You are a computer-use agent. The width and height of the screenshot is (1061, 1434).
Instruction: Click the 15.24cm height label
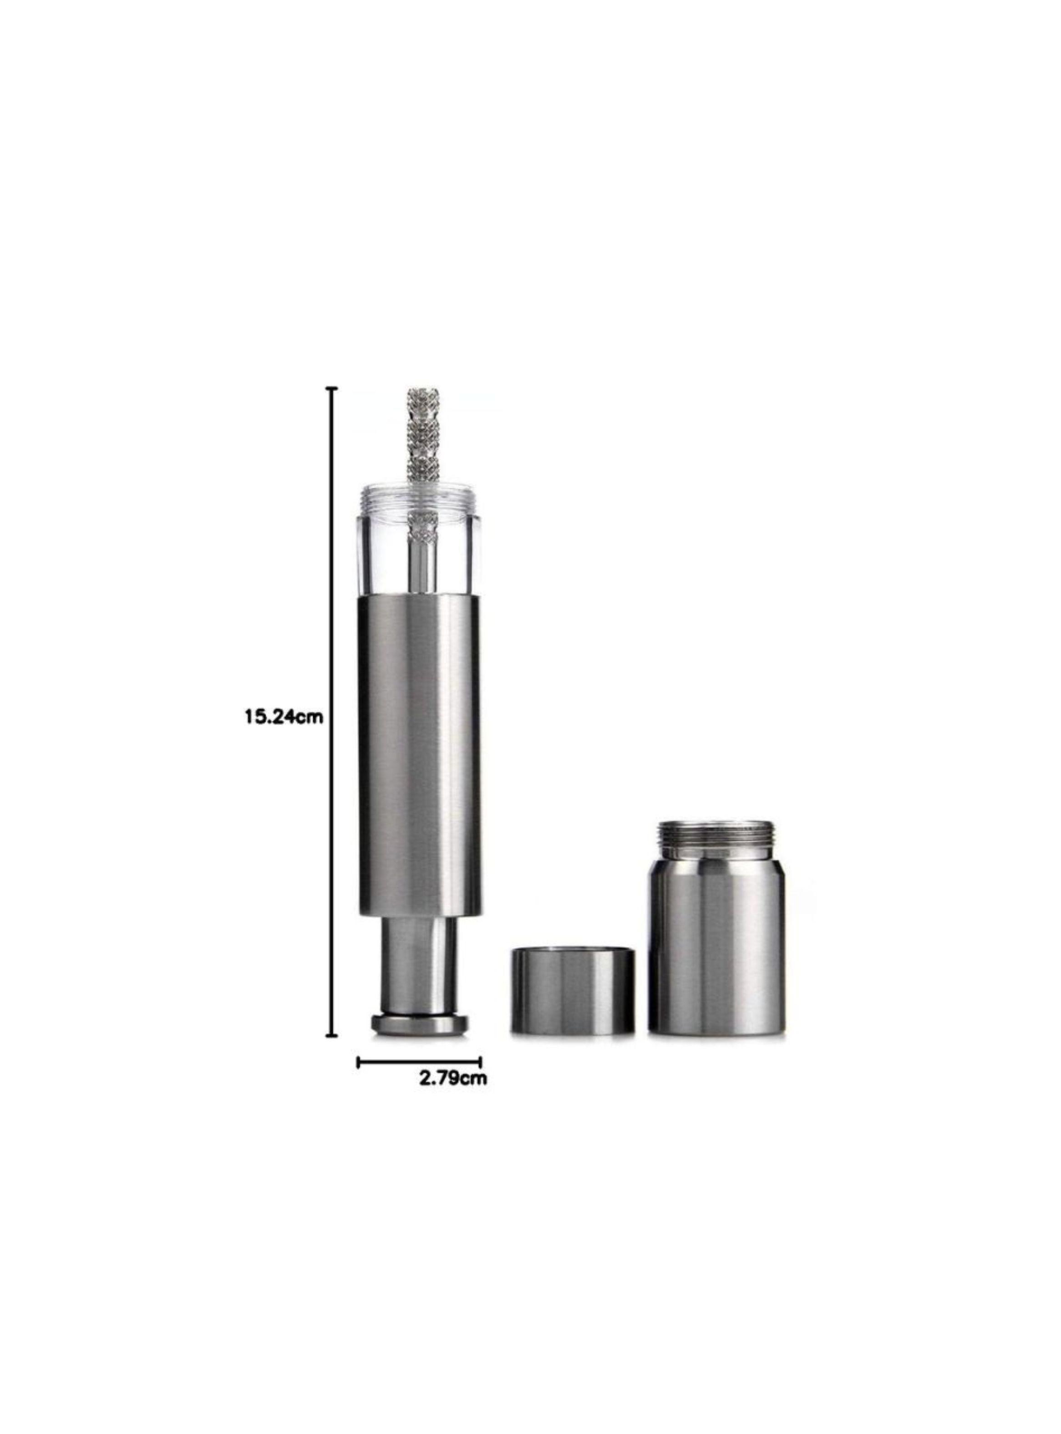click(283, 716)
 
